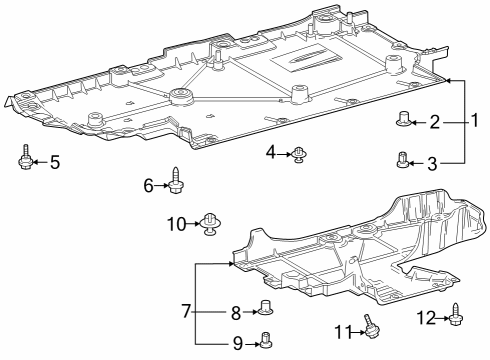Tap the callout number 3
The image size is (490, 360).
click(x=434, y=162)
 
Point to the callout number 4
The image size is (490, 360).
click(x=271, y=152)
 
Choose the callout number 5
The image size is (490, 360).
click(x=55, y=160)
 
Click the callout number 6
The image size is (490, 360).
click(x=148, y=185)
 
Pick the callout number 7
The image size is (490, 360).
click(x=186, y=312)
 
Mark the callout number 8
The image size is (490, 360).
click(x=237, y=312)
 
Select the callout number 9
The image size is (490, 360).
click(x=237, y=344)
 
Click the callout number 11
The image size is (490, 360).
click(x=341, y=331)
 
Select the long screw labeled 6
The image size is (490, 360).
click(x=176, y=181)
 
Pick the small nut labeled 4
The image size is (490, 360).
click(x=298, y=154)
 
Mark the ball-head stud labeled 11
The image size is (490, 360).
click(x=370, y=328)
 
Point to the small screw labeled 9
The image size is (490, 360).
click(x=266, y=343)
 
